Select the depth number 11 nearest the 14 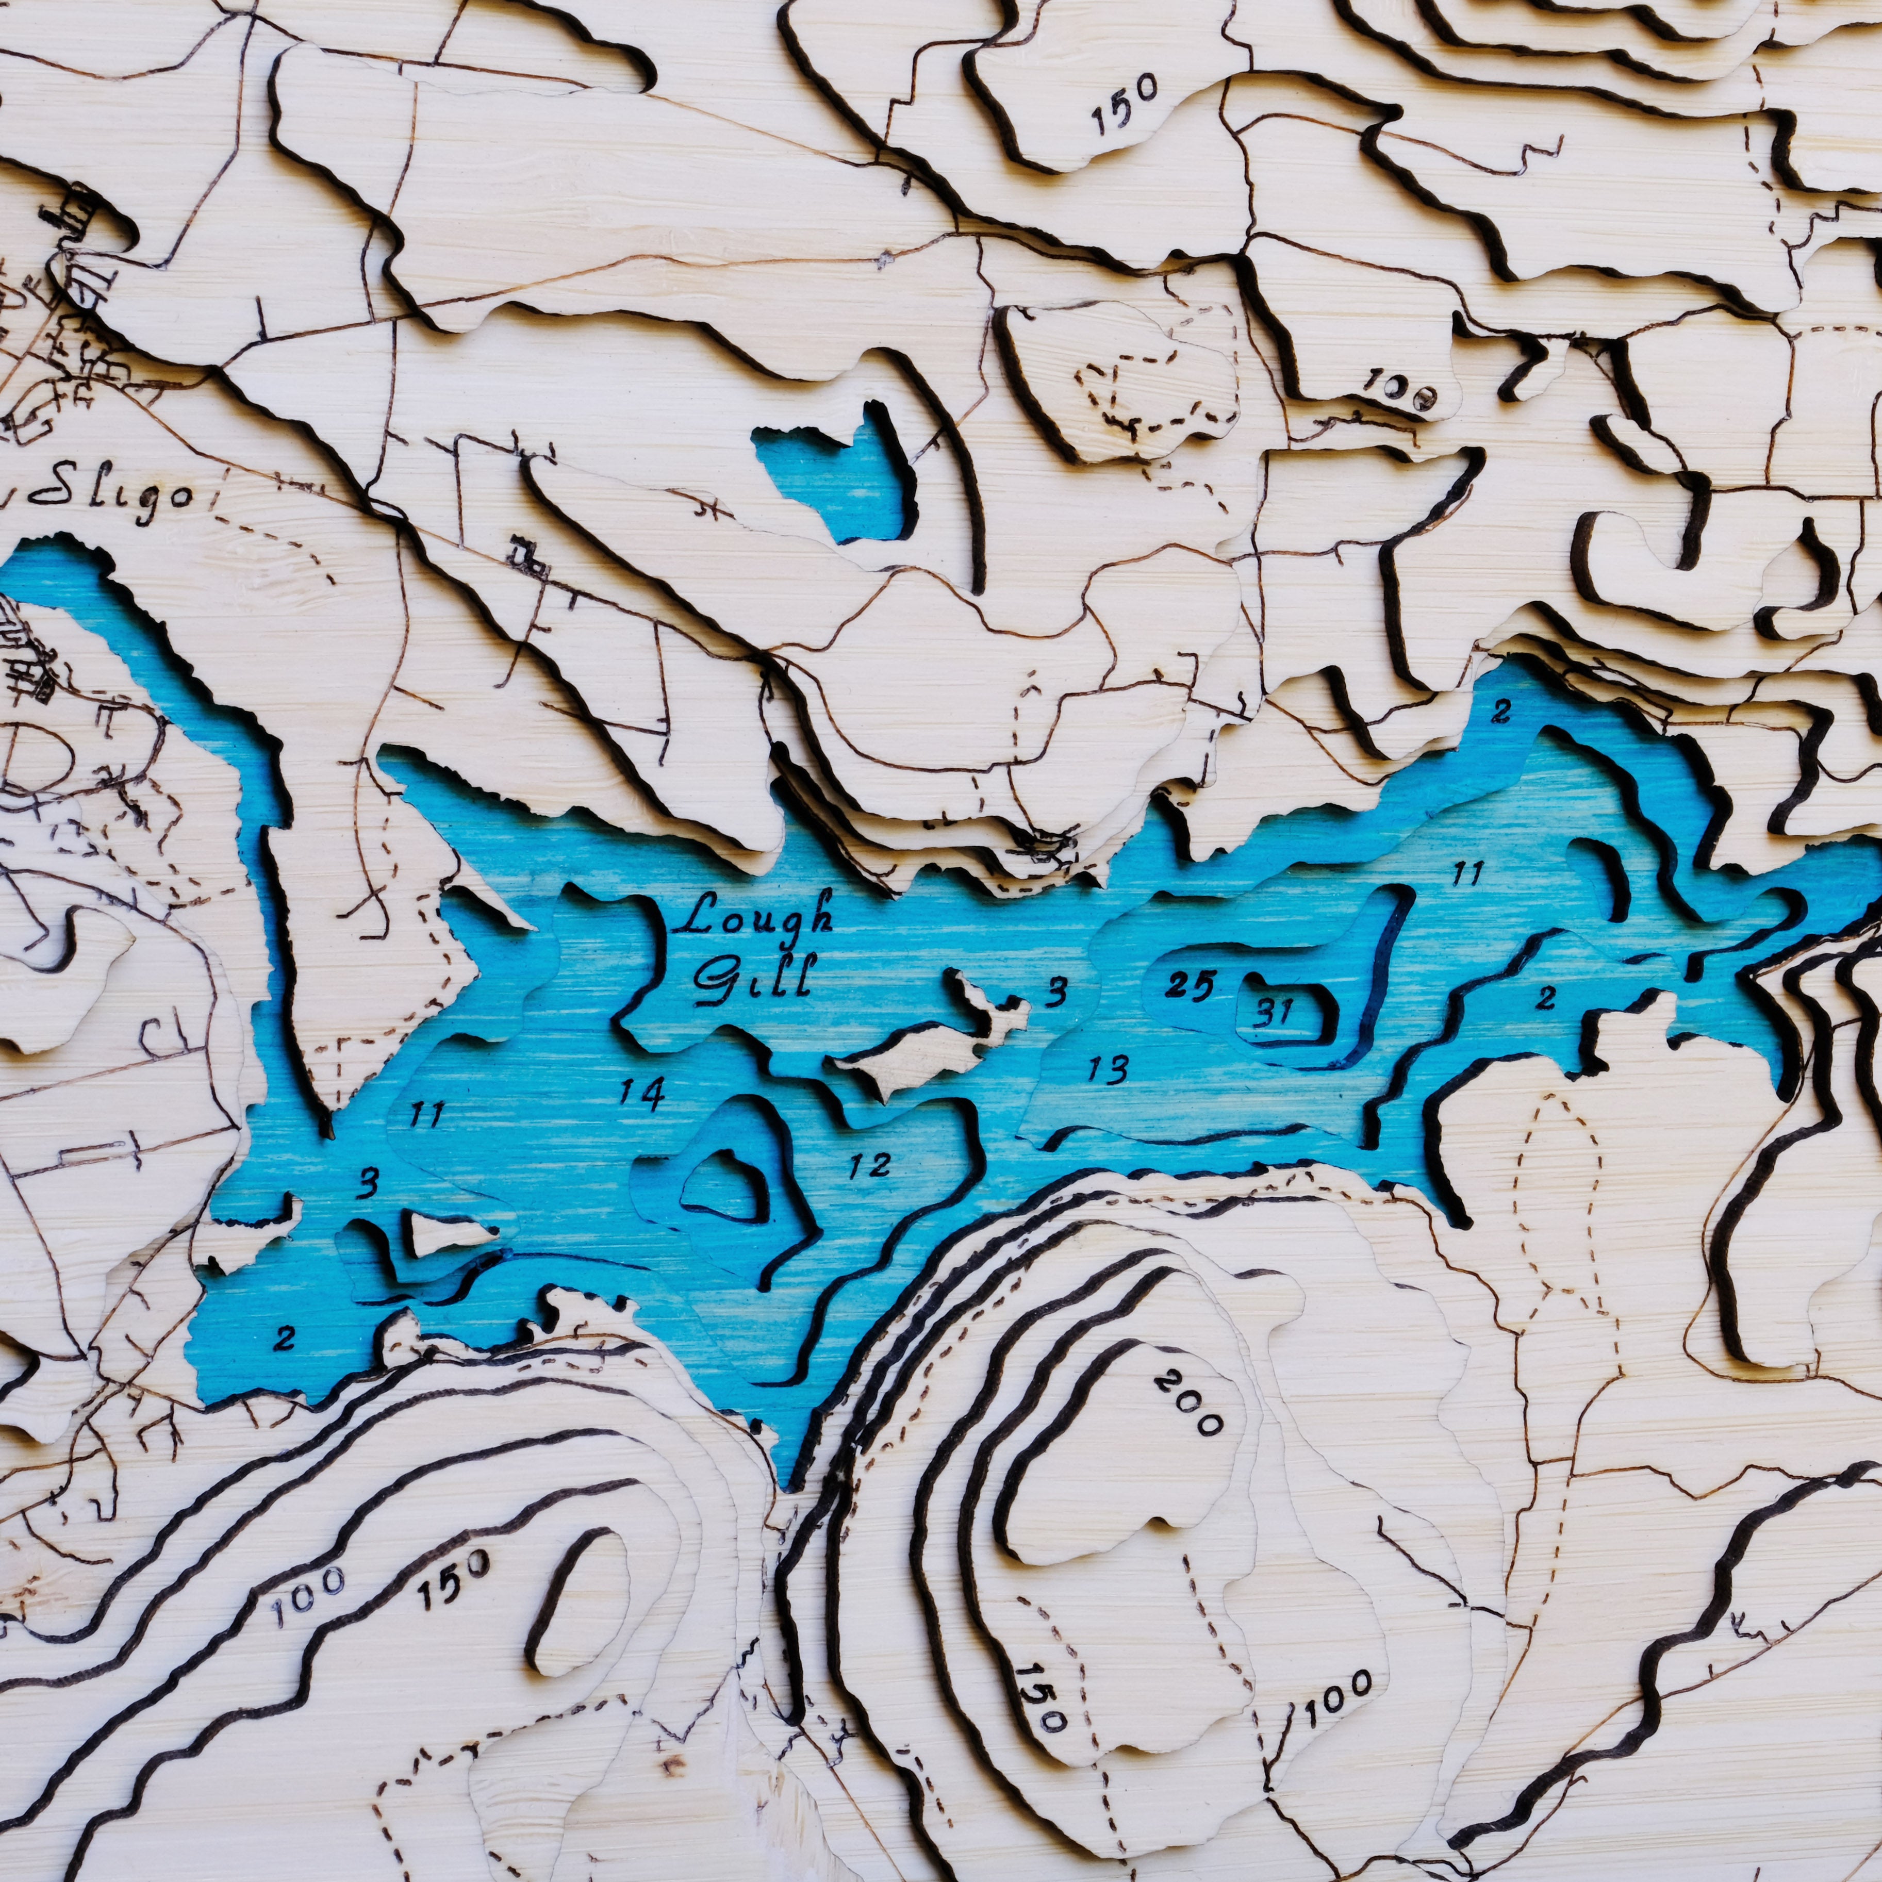click(426, 1113)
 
